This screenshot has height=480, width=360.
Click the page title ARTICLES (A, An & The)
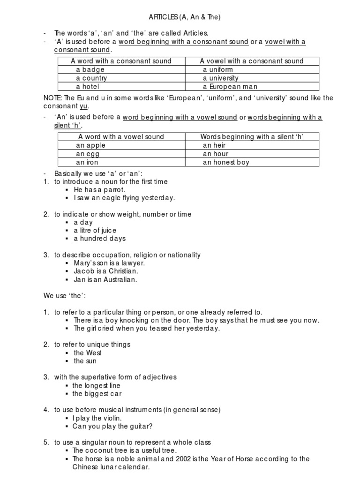coord(180,17)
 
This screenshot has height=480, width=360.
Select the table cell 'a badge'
coord(90,70)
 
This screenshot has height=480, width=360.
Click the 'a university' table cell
coord(221,78)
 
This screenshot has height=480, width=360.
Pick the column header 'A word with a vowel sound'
coord(121,137)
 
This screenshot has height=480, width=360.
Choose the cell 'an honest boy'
coord(226,162)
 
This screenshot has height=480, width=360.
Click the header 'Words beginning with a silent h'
coord(252,137)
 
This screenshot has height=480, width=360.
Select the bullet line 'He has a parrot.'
coord(99,190)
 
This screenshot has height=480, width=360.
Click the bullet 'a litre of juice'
coord(95,231)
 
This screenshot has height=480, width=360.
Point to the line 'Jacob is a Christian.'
coord(106,271)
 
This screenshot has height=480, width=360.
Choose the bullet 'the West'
coord(88,353)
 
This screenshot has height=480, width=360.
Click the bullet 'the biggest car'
coord(97,394)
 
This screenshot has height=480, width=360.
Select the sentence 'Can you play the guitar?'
coord(113,427)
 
